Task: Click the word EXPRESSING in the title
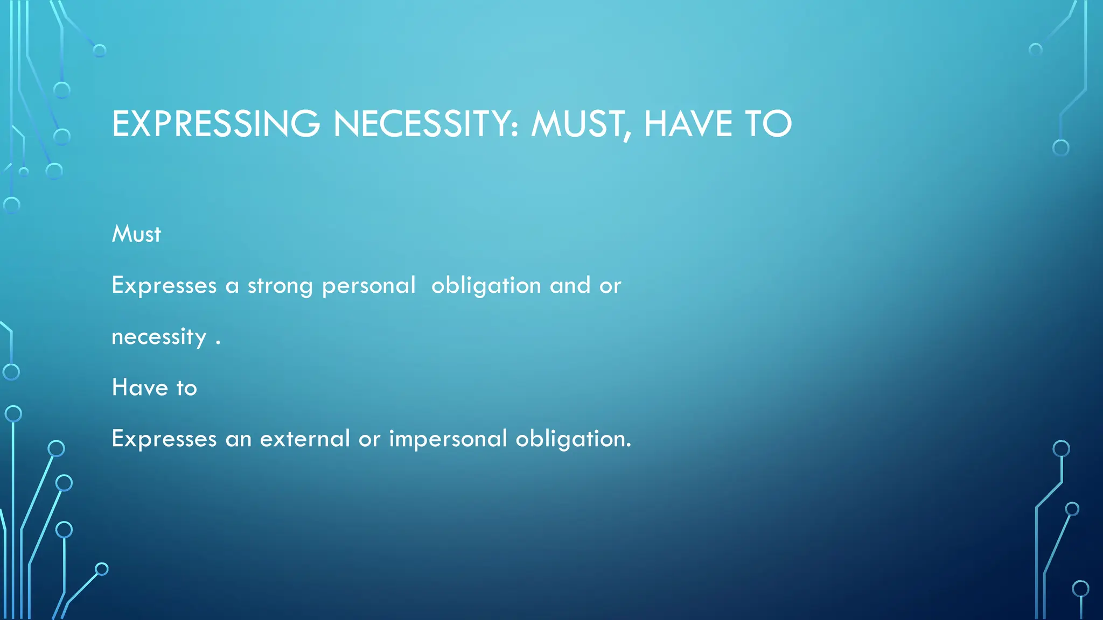216,124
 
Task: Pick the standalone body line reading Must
136,234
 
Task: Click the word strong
280,286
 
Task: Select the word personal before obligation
368,286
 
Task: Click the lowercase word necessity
159,337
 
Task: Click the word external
305,439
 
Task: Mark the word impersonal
448,439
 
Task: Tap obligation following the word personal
486,286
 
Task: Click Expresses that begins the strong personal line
164,286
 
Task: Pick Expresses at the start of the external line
164,439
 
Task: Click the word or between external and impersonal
369,439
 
